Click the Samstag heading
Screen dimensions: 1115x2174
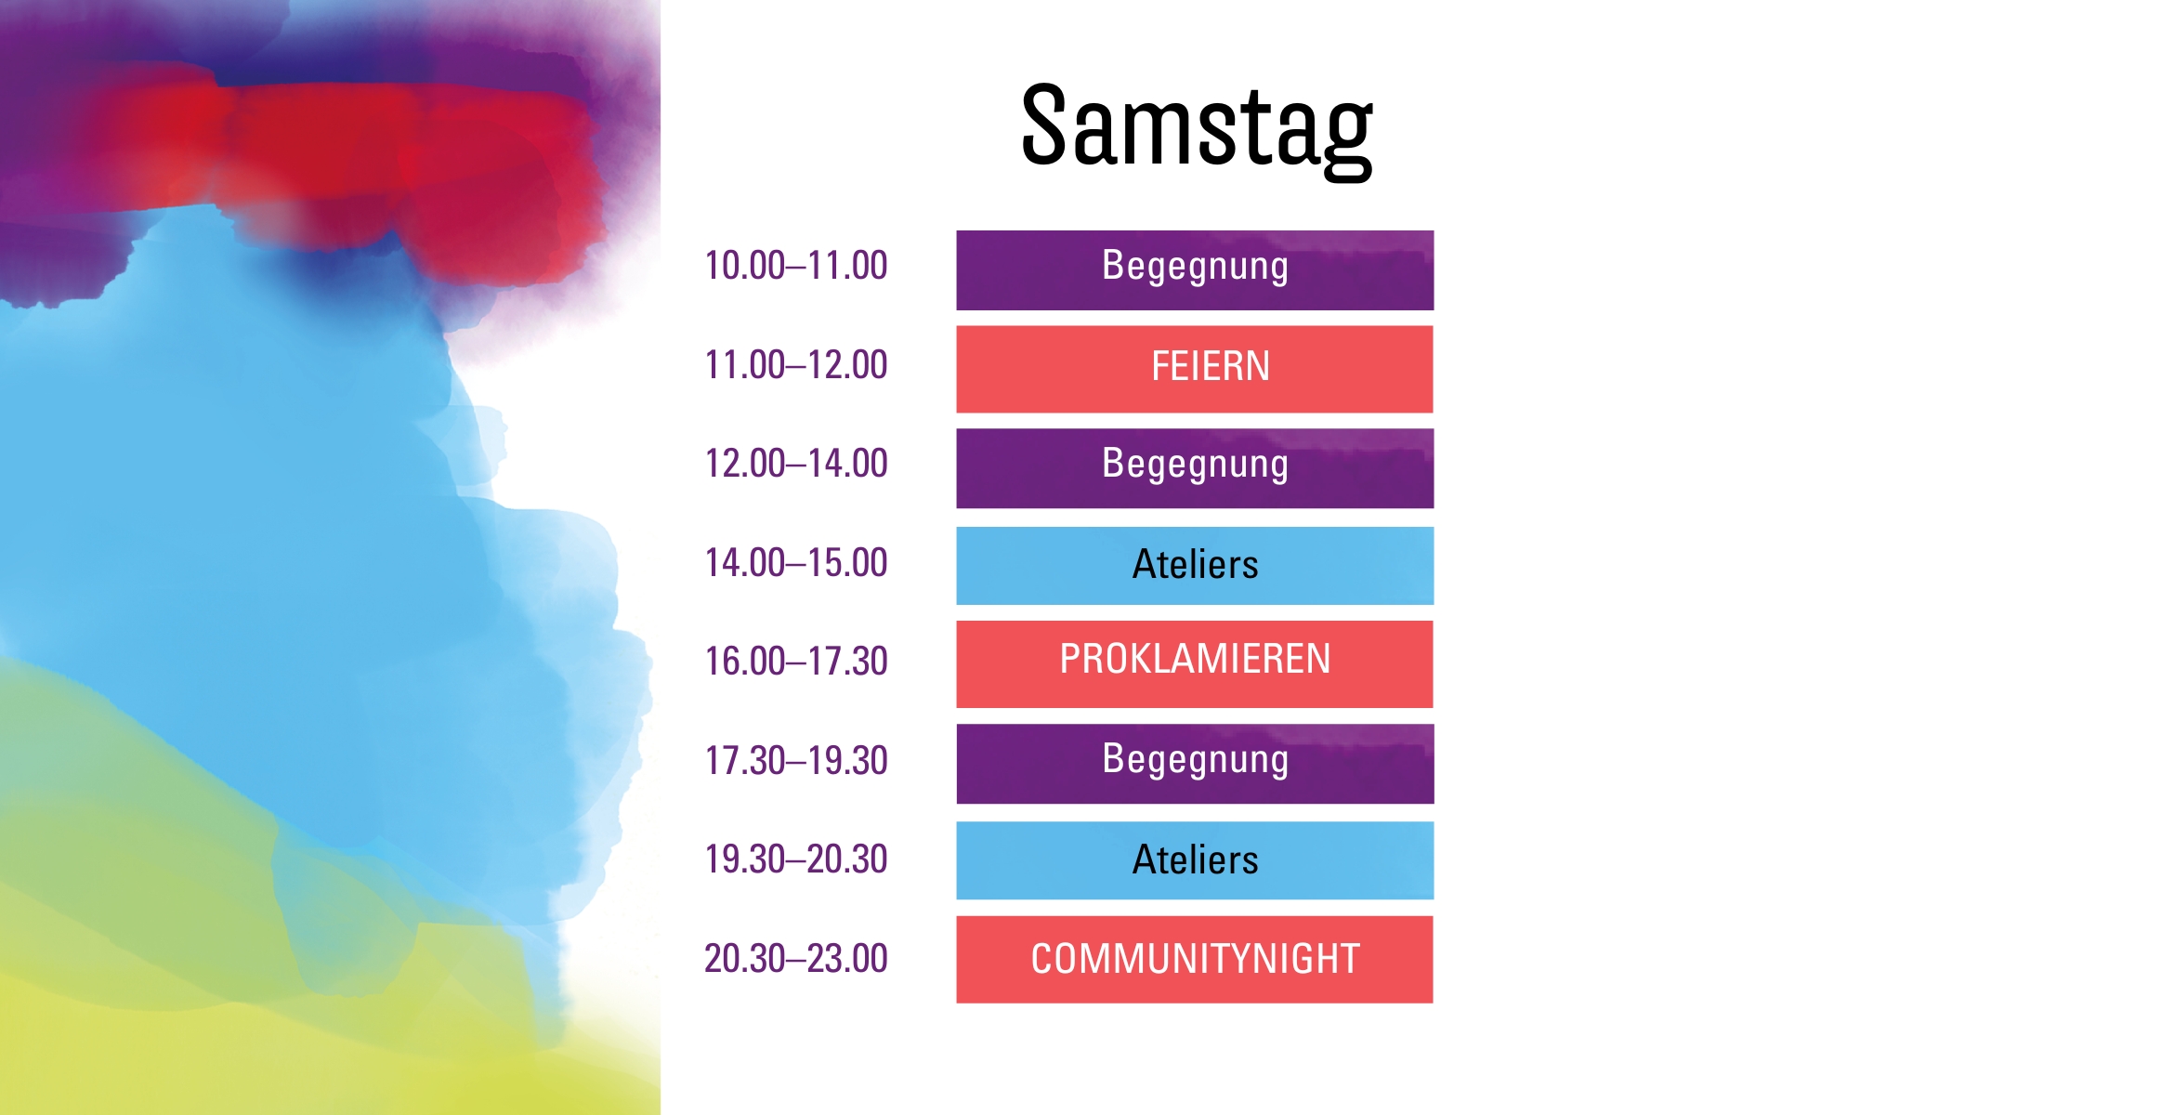(1196, 127)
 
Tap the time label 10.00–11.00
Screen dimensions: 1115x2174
(796, 266)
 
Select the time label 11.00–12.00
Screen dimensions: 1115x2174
(796, 365)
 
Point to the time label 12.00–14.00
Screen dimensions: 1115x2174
(796, 464)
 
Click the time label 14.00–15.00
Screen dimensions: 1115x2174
(796, 563)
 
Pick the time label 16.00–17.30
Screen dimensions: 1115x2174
(796, 662)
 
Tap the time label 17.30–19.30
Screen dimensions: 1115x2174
(796, 761)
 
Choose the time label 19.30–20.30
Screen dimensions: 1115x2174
(796, 859)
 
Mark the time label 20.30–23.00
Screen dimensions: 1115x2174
(796, 959)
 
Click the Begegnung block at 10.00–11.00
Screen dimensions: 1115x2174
(1195, 269)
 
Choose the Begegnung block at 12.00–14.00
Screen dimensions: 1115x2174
(1195, 467)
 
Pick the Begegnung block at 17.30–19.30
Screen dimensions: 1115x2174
(1195, 763)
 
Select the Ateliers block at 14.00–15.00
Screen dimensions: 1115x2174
(1195, 565)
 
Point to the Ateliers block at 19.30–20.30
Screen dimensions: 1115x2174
(1195, 859)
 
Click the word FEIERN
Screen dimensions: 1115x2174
(1211, 366)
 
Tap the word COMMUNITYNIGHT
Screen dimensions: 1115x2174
(1195, 959)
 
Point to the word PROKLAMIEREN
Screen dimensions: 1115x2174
(1195, 660)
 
